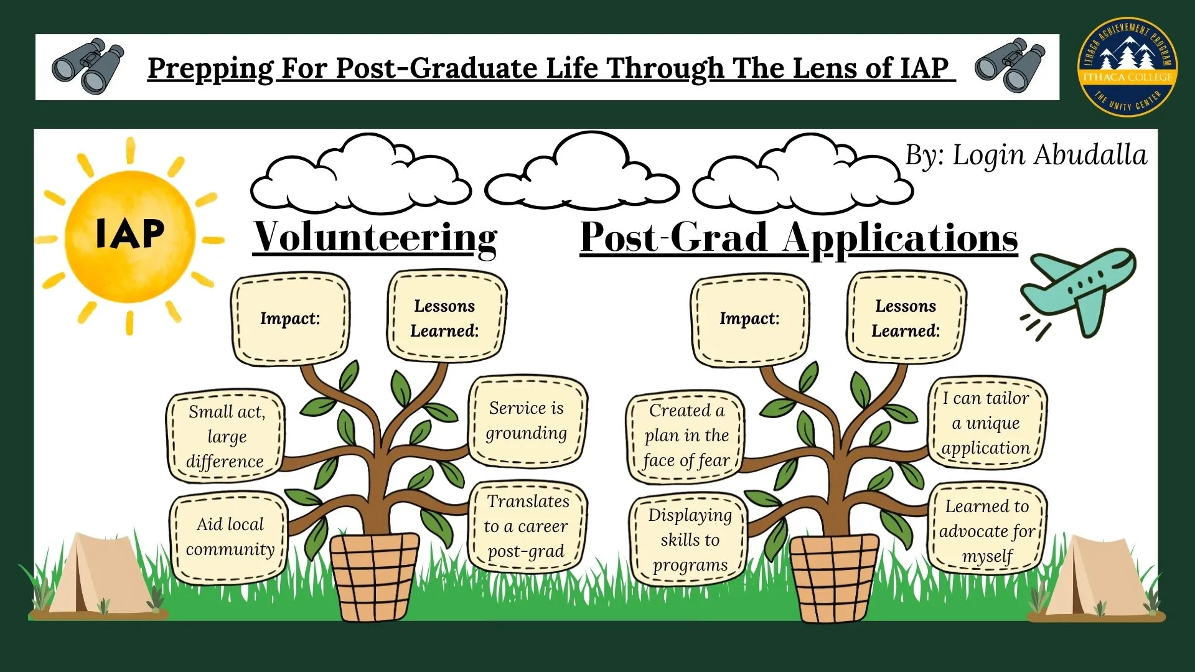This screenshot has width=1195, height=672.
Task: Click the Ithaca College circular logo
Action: (1127, 67)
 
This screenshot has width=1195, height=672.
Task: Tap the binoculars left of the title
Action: (88, 66)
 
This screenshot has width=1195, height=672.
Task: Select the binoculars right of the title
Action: (1010, 66)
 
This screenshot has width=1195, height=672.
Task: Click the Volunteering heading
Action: (375, 237)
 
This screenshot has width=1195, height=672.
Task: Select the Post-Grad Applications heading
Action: (799, 237)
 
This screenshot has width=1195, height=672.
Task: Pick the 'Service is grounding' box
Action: (527, 421)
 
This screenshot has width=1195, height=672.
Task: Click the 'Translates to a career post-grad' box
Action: (527, 526)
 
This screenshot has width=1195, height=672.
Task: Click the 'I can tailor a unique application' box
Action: (986, 422)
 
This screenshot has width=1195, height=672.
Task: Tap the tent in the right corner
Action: (1097, 578)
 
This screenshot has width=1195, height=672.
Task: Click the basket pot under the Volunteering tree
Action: (374, 577)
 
